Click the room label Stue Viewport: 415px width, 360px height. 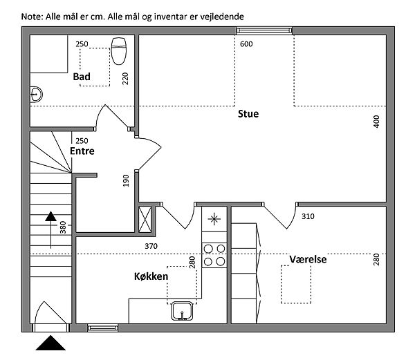[x=248, y=113]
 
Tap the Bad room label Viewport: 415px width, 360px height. [x=82, y=77]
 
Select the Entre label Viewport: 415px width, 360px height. [x=82, y=151]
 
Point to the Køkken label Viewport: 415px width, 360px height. [x=151, y=276]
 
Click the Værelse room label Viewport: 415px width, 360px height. [x=308, y=259]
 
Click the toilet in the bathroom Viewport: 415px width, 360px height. [x=119, y=51]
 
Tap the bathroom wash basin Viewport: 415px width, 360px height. [x=36, y=95]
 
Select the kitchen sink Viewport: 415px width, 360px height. [x=182, y=311]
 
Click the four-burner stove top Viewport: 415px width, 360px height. [x=214, y=255]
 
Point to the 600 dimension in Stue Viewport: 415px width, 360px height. [x=246, y=44]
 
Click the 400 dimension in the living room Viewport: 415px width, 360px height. [x=376, y=122]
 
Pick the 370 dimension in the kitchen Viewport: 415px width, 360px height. [x=151, y=246]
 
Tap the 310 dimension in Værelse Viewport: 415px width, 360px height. [x=308, y=216]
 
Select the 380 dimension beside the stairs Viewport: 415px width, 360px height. [x=63, y=227]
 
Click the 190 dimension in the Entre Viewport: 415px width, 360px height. [x=126, y=180]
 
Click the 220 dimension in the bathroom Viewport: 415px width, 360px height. [x=125, y=79]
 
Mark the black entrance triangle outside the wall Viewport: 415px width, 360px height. [x=50, y=343]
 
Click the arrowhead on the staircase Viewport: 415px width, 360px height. [x=50, y=216]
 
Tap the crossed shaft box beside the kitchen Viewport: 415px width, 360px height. [x=145, y=219]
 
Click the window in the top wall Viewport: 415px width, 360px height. [x=264, y=30]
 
